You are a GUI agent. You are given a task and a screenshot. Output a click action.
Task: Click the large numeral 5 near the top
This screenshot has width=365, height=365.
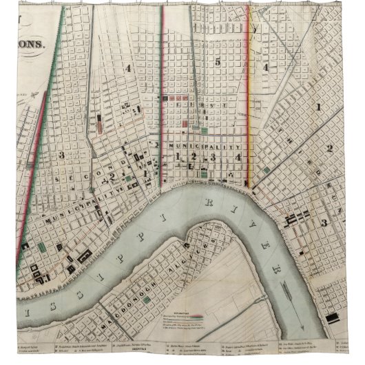point(217,63)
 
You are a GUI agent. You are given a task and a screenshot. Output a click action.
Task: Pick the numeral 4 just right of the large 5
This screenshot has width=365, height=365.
point(264,67)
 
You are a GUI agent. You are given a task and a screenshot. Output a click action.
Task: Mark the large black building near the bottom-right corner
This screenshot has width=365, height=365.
point(333,317)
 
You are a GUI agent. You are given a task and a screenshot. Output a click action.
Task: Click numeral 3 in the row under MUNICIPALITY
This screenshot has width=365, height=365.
point(213,158)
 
